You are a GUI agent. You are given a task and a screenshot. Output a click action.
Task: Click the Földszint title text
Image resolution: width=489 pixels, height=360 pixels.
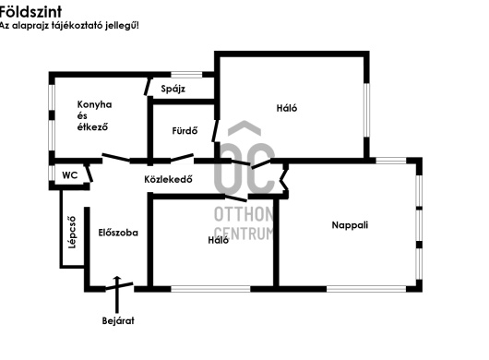pyautogui.click(x=30, y=12)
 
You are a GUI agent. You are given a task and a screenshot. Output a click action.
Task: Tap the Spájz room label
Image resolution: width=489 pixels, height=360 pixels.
pyautogui.click(x=173, y=89)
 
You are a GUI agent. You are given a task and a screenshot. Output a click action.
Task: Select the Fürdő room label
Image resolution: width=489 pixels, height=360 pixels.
pyautogui.click(x=185, y=130)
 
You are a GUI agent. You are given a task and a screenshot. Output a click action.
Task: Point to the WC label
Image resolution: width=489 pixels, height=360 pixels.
pyautogui.click(x=70, y=175)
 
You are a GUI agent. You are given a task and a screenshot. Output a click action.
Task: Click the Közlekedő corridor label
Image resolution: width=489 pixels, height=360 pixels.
pyautogui.click(x=168, y=179)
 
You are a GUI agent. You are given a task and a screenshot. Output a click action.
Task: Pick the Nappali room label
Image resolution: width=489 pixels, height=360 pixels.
pyautogui.click(x=350, y=225)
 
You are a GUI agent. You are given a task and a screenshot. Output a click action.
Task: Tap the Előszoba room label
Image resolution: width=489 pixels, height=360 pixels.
pyautogui.click(x=118, y=233)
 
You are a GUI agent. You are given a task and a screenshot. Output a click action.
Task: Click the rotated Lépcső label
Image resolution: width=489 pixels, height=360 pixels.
pyautogui.click(x=72, y=232)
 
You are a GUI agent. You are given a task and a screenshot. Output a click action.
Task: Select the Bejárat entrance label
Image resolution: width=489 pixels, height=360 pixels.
pyautogui.click(x=118, y=320)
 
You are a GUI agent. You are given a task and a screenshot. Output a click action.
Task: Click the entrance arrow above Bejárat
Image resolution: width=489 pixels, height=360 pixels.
pyautogui.click(x=117, y=294)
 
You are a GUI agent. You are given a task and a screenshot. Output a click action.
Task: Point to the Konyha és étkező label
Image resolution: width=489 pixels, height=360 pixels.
pyautogui.click(x=94, y=115)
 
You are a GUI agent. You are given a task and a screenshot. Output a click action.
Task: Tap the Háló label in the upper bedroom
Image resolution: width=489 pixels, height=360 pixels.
pyautogui.click(x=287, y=108)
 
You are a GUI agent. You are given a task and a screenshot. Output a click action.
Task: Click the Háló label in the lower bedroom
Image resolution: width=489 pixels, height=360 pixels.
pyautogui.click(x=219, y=240)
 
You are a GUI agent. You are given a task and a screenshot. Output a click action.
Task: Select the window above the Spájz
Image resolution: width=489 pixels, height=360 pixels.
pyautogui.click(x=186, y=75)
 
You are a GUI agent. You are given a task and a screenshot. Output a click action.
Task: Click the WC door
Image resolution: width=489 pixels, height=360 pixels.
pyautogui.click(x=89, y=174)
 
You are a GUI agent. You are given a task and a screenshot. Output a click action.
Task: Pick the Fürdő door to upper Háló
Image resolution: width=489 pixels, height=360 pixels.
pyautogui.click(x=215, y=131)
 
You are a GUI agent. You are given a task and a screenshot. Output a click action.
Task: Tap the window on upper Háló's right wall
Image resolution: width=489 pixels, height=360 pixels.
pyautogui.click(x=367, y=110)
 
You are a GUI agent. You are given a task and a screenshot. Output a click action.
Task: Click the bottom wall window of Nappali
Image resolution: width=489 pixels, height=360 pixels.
pyautogui.click(x=366, y=289)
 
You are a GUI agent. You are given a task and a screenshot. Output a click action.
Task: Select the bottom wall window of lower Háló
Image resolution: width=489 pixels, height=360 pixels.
pyautogui.click(x=210, y=289)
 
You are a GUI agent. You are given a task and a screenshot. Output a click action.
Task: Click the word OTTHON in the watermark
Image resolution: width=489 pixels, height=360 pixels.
pyautogui.click(x=244, y=214)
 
